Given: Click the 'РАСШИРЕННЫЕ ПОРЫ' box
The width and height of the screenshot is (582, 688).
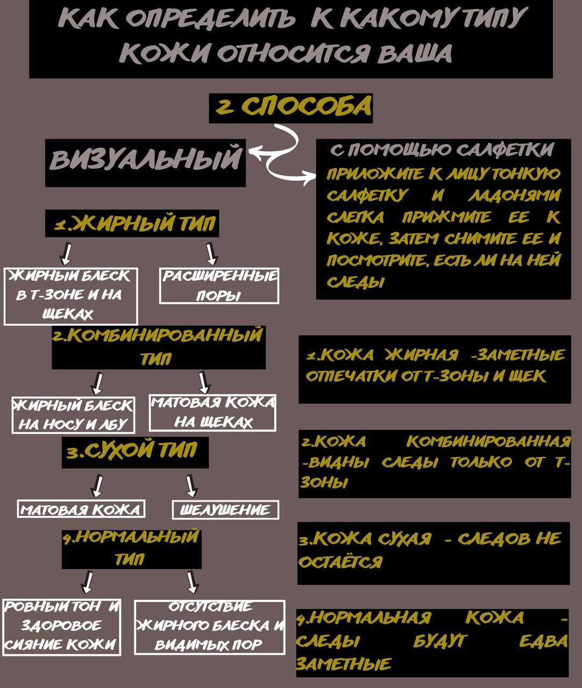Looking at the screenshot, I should point(219,286).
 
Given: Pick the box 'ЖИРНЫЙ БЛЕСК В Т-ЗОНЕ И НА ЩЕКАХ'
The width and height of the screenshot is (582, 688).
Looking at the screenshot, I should point(70,296).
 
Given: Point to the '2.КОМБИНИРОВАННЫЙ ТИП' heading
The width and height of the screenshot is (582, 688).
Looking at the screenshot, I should point(159,347).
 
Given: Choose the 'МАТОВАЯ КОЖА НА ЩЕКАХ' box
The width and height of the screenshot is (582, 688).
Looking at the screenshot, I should point(212,413).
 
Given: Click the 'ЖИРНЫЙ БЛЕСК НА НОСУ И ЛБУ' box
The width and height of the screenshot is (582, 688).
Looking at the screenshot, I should point(73,415).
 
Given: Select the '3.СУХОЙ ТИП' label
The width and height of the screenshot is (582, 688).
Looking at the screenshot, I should point(134,451).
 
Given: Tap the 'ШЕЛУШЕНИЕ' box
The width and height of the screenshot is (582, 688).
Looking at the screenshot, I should point(225,510).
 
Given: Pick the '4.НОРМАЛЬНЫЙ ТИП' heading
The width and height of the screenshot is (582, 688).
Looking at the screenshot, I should point(131,548).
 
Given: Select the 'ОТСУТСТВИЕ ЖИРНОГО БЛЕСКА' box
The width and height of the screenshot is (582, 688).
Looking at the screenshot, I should point(209,626).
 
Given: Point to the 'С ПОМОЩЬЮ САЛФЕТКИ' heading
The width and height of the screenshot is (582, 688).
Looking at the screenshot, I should point(442,149).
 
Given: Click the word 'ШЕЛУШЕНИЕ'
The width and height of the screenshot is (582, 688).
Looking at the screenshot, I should point(225,510).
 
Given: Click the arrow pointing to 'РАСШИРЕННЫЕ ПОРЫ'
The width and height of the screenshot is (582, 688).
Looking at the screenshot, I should point(211,254).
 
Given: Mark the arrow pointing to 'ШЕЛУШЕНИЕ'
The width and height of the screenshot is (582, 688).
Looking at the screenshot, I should point(191,486).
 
